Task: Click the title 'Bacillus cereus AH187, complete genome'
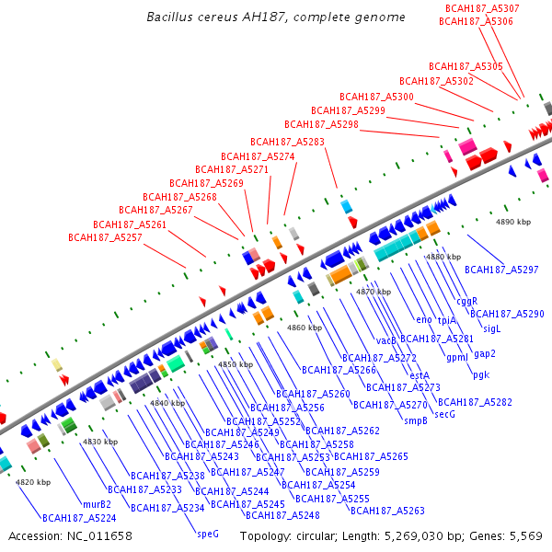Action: click(x=275, y=17)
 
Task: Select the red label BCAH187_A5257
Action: click(x=105, y=237)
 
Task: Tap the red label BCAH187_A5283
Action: click(x=287, y=142)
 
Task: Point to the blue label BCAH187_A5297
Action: click(x=501, y=270)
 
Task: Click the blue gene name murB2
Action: click(x=97, y=504)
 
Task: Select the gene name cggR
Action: click(x=467, y=301)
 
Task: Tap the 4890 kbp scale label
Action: click(x=513, y=222)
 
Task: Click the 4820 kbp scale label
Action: click(x=32, y=482)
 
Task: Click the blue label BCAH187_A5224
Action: click(x=79, y=518)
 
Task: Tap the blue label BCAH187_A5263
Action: click(x=387, y=511)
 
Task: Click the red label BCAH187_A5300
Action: click(x=376, y=97)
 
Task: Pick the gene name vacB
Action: click(x=386, y=340)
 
